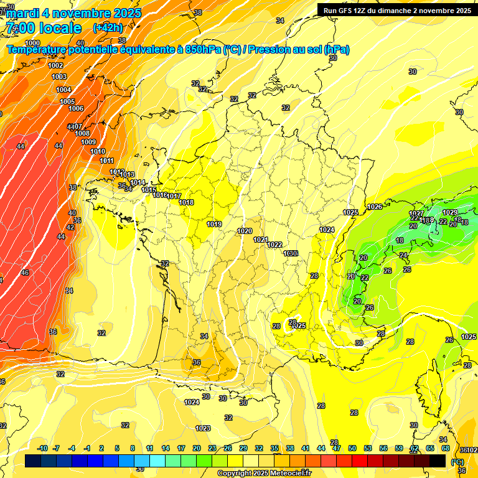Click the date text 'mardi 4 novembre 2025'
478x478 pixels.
pyautogui.click(x=74, y=13)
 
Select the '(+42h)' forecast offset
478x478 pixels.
pyautogui.click(x=108, y=28)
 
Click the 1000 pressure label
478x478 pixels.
pyautogui.click(x=32, y=43)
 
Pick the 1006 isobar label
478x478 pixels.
pyautogui.click(x=76, y=108)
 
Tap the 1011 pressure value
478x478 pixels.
pyautogui.click(x=106, y=161)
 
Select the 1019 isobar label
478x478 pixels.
pyautogui.click(x=214, y=224)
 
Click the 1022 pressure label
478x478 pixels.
pyautogui.click(x=274, y=245)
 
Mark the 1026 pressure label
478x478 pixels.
pyautogui.click(x=374, y=207)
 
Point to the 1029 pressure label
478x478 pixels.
pyautogui.click(x=449, y=212)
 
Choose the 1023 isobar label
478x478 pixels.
pyautogui.click(x=203, y=428)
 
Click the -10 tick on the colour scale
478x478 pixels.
pyautogui.click(x=42, y=448)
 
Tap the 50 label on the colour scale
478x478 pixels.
pyautogui.click(x=352, y=448)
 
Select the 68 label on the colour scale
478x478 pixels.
pyautogui.click(x=446, y=448)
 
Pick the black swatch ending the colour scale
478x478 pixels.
pyautogui.click(x=438, y=461)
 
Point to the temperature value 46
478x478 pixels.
pyautogui.click(x=25, y=273)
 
